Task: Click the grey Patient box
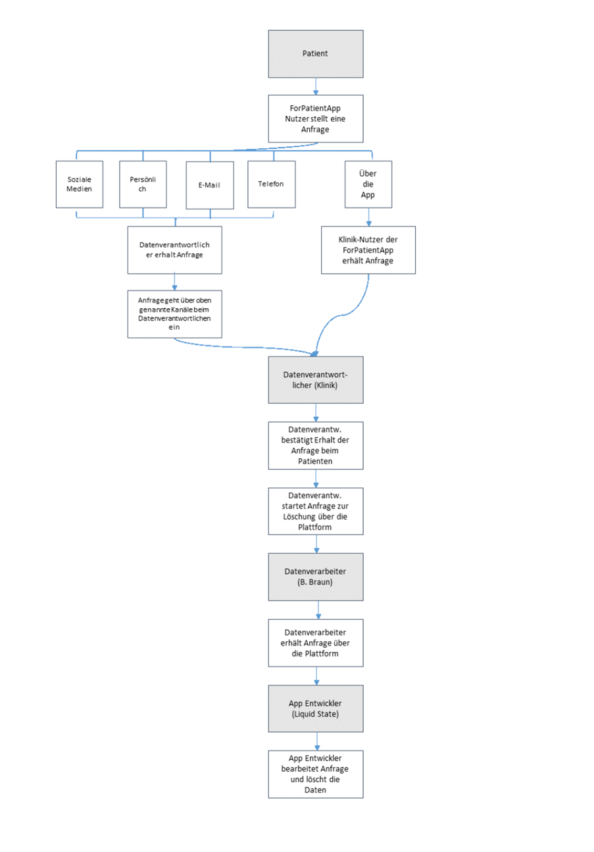pyautogui.click(x=316, y=54)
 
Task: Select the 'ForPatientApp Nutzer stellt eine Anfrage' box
pyautogui.click(x=316, y=119)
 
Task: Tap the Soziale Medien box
pyautogui.click(x=80, y=184)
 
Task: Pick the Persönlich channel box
pyautogui.click(x=143, y=184)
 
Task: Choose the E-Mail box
pyautogui.click(x=210, y=185)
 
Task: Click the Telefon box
pyautogui.click(x=272, y=184)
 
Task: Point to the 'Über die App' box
pyautogui.click(x=368, y=184)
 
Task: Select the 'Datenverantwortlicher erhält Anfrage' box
pyautogui.click(x=175, y=250)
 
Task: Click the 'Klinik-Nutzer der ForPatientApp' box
pyautogui.click(x=368, y=250)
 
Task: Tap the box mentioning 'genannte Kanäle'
pyautogui.click(x=175, y=314)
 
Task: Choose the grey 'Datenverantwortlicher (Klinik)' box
pyautogui.click(x=316, y=380)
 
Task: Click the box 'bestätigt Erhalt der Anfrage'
pyautogui.click(x=316, y=445)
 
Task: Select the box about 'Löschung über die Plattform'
pyautogui.click(x=316, y=511)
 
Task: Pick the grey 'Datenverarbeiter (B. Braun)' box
pyautogui.click(x=316, y=577)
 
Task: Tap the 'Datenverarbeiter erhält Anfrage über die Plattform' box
pyautogui.click(x=316, y=643)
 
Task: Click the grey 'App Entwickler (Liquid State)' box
pyautogui.click(x=316, y=708)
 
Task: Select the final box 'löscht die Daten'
pyautogui.click(x=316, y=774)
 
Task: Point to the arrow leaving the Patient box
pyautogui.click(x=316, y=86)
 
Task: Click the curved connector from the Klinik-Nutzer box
pyautogui.click(x=343, y=315)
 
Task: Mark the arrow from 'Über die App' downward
pyautogui.click(x=368, y=217)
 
